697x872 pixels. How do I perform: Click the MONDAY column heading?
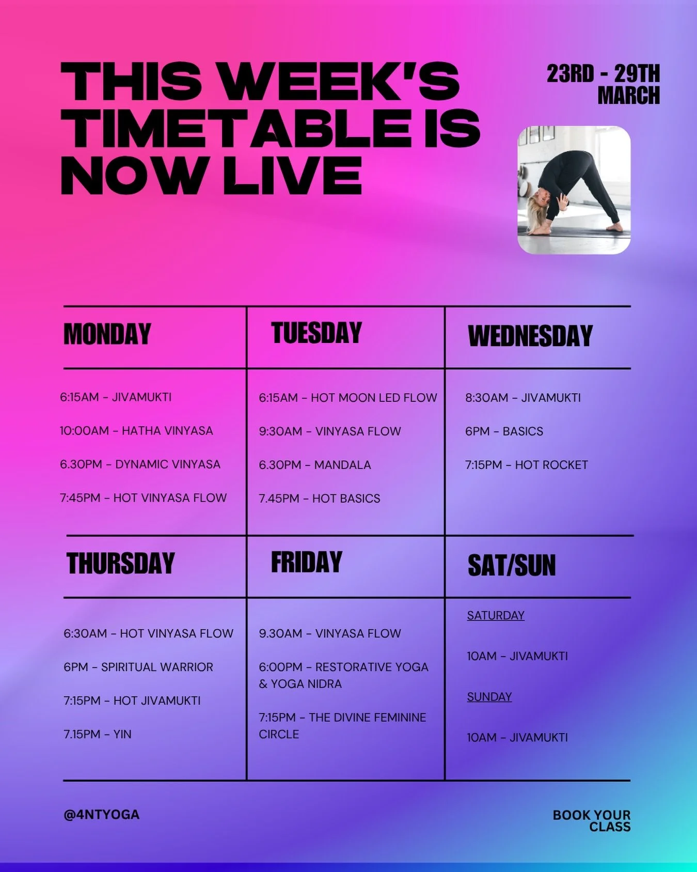click(x=107, y=334)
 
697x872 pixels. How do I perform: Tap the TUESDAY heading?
click(x=316, y=333)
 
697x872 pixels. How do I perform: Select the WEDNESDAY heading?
click(x=530, y=336)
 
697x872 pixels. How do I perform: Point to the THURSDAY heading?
click(x=121, y=563)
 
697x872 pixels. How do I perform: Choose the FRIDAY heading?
click(x=307, y=562)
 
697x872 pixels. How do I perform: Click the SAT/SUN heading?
click(x=512, y=565)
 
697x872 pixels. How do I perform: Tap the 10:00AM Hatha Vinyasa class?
click(x=136, y=431)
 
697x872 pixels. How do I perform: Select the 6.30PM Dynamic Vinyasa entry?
click(x=140, y=464)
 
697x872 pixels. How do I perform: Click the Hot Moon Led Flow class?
click(x=348, y=398)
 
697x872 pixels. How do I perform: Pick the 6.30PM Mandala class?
click(x=315, y=465)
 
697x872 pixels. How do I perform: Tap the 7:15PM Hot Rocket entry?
click(x=527, y=465)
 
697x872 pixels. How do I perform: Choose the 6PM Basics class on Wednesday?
click(x=504, y=431)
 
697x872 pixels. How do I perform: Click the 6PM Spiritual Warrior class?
click(x=138, y=667)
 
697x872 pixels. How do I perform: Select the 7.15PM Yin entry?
click(x=98, y=734)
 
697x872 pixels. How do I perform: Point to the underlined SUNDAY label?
click(x=489, y=697)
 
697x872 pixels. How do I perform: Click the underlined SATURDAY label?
click(x=496, y=615)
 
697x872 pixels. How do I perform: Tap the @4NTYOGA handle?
click(x=101, y=815)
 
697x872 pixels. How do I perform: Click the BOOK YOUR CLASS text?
click(x=592, y=820)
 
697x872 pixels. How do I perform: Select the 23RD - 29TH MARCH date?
click(x=604, y=84)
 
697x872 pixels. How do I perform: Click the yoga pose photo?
click(x=574, y=190)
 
